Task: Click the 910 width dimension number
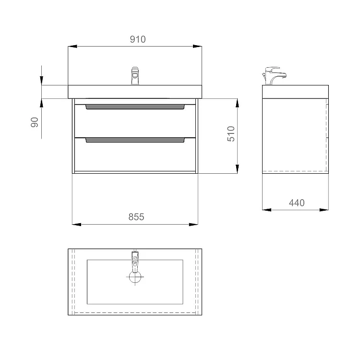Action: pos(138,39)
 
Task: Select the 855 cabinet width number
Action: pos(136,217)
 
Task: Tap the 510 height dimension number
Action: pos(231,133)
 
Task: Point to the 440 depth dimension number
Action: pos(297,203)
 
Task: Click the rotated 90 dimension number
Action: pos(35,122)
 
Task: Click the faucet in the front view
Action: pos(135,75)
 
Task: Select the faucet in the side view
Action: pos(274,76)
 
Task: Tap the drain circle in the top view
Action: pos(135,277)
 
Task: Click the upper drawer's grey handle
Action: pos(135,107)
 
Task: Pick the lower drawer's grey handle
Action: pos(135,140)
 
